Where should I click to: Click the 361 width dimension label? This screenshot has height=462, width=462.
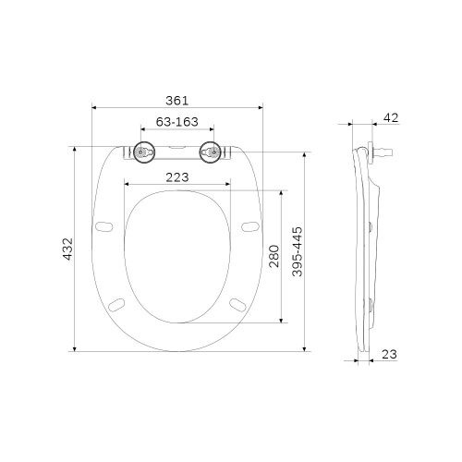click(176, 101)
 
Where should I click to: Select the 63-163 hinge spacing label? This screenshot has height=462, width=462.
click(177, 122)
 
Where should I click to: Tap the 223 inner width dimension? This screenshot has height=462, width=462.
click(177, 177)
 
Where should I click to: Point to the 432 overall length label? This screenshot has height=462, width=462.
click(67, 249)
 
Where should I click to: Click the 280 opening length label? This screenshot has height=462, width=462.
click(274, 256)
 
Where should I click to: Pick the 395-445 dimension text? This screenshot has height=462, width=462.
click(298, 251)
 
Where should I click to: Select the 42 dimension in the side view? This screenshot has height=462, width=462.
click(391, 117)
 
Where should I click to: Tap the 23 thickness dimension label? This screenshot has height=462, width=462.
click(390, 355)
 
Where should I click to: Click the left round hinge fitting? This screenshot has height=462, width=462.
click(144, 152)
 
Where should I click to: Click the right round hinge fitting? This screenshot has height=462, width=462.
click(210, 152)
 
